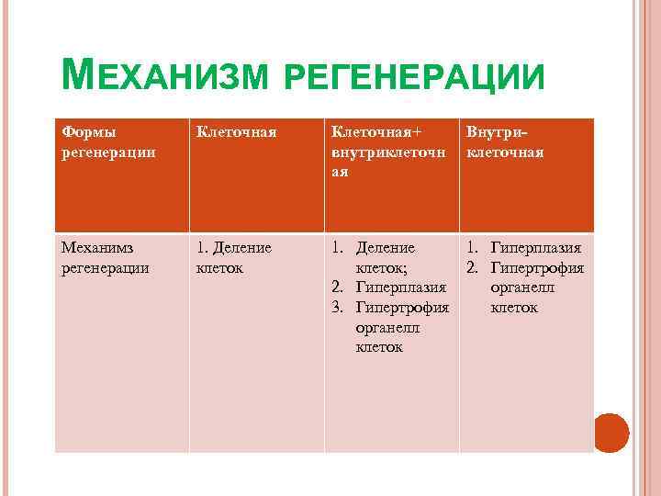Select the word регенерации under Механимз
tap(102, 268)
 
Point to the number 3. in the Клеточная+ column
tap(338, 308)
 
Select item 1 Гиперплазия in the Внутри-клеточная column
tap(536, 248)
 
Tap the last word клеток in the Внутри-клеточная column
tap(514, 308)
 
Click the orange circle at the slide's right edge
tap(610, 432)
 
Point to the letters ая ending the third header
tap(340, 172)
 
